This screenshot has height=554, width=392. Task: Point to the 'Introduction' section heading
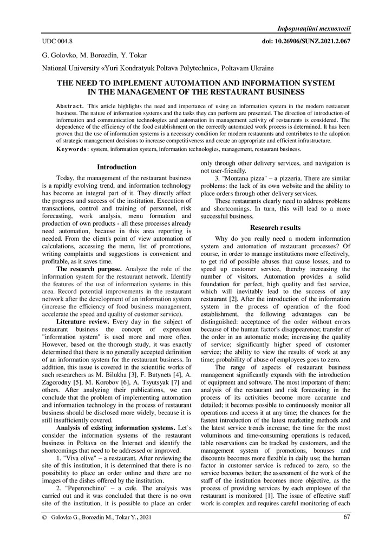pos(116,167)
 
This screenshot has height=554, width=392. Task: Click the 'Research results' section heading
pos(276,228)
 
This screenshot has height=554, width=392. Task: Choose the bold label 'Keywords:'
pos(71,149)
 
